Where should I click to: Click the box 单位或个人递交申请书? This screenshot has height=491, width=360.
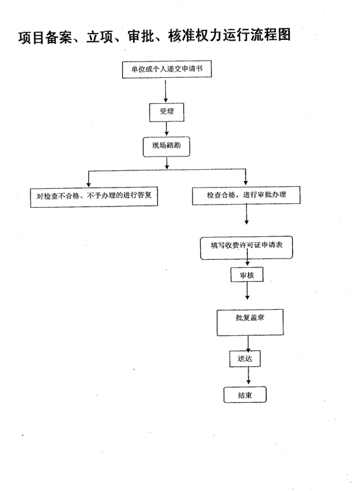pos(167,69)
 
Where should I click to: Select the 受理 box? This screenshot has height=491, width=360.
pos(166,112)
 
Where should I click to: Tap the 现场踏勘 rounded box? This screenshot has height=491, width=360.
pos(166,146)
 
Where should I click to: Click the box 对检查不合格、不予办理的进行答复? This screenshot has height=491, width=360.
pos(94,197)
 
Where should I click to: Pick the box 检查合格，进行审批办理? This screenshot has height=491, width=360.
pos(246,196)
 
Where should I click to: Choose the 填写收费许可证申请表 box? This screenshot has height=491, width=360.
pos(247,248)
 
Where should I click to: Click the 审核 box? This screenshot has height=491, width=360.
pos(247,275)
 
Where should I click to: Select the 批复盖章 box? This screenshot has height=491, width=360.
pos(250,322)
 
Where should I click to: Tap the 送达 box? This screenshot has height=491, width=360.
pos(245,359)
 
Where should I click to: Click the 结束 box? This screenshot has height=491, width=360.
pos(245,395)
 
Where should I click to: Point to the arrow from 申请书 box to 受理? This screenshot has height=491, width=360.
pos(165,91)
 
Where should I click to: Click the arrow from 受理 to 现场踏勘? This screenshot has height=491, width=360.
pos(166,129)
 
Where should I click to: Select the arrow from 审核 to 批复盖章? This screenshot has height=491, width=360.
pos(247,291)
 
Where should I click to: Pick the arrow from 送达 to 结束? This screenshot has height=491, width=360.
pos(248,376)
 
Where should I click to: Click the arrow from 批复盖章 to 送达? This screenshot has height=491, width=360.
pos(248,343)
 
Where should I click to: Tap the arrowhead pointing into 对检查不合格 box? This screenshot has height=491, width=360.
pos(89,184)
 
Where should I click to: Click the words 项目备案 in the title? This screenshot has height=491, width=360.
pos(45,37)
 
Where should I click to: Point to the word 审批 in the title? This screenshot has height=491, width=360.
pos(141,36)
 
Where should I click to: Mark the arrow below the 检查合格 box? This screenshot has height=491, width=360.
pos(247,214)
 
